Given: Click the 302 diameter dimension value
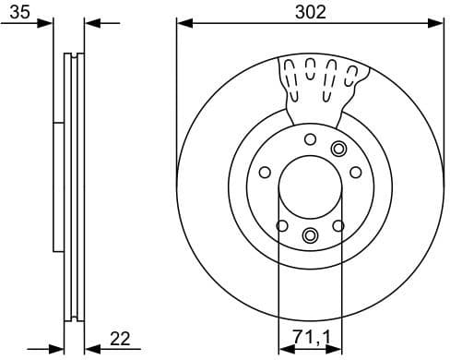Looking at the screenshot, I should click(310, 11).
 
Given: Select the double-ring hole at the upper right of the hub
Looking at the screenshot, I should click(338, 149).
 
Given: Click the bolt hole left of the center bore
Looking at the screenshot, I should click(265, 172).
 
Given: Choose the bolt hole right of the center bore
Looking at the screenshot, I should click(355, 172).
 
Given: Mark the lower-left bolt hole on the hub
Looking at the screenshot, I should click(282, 225).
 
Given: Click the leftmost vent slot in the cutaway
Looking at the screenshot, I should click(288, 77).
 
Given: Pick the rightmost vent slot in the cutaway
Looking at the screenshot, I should click(350, 77).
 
